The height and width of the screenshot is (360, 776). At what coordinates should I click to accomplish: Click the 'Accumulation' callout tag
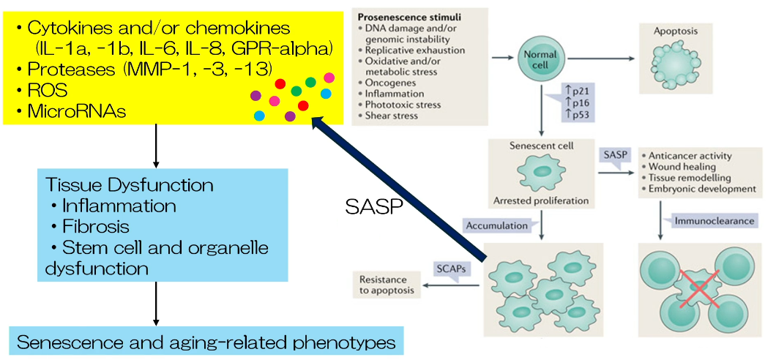click(x=497, y=225)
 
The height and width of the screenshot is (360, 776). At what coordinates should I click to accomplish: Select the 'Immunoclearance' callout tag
click(x=704, y=219)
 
